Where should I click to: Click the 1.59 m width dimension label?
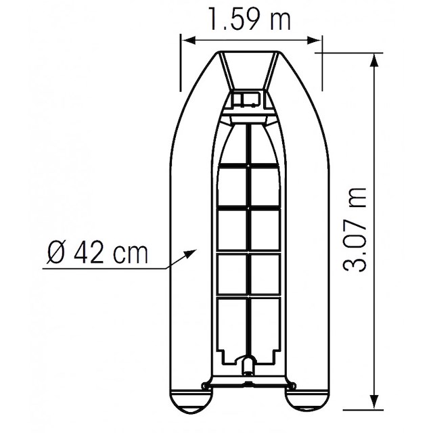click(x=250, y=20)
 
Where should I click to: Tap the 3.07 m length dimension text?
click(x=356, y=230)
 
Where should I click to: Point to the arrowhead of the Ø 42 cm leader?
click(x=191, y=252)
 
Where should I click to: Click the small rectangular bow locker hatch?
click(x=248, y=100)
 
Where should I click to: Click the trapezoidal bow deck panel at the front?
click(x=250, y=71)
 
